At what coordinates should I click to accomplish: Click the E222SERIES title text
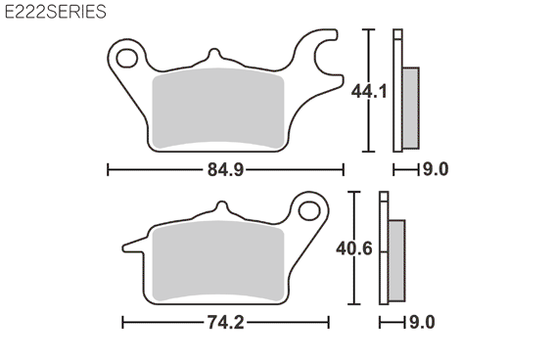click(x=56, y=12)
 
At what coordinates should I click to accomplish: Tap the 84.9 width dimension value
click(x=225, y=170)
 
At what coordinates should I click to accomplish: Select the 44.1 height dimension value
click(x=369, y=91)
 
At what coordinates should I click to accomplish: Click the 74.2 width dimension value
click(x=225, y=323)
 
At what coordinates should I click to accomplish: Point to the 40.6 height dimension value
click(x=354, y=248)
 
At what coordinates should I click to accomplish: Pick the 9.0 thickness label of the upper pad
click(x=436, y=169)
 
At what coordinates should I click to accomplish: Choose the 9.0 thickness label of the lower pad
click(x=422, y=322)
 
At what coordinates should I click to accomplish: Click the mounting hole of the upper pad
click(x=127, y=59)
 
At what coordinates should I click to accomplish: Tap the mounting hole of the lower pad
click(x=309, y=211)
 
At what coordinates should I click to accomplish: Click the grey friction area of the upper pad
click(x=218, y=108)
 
